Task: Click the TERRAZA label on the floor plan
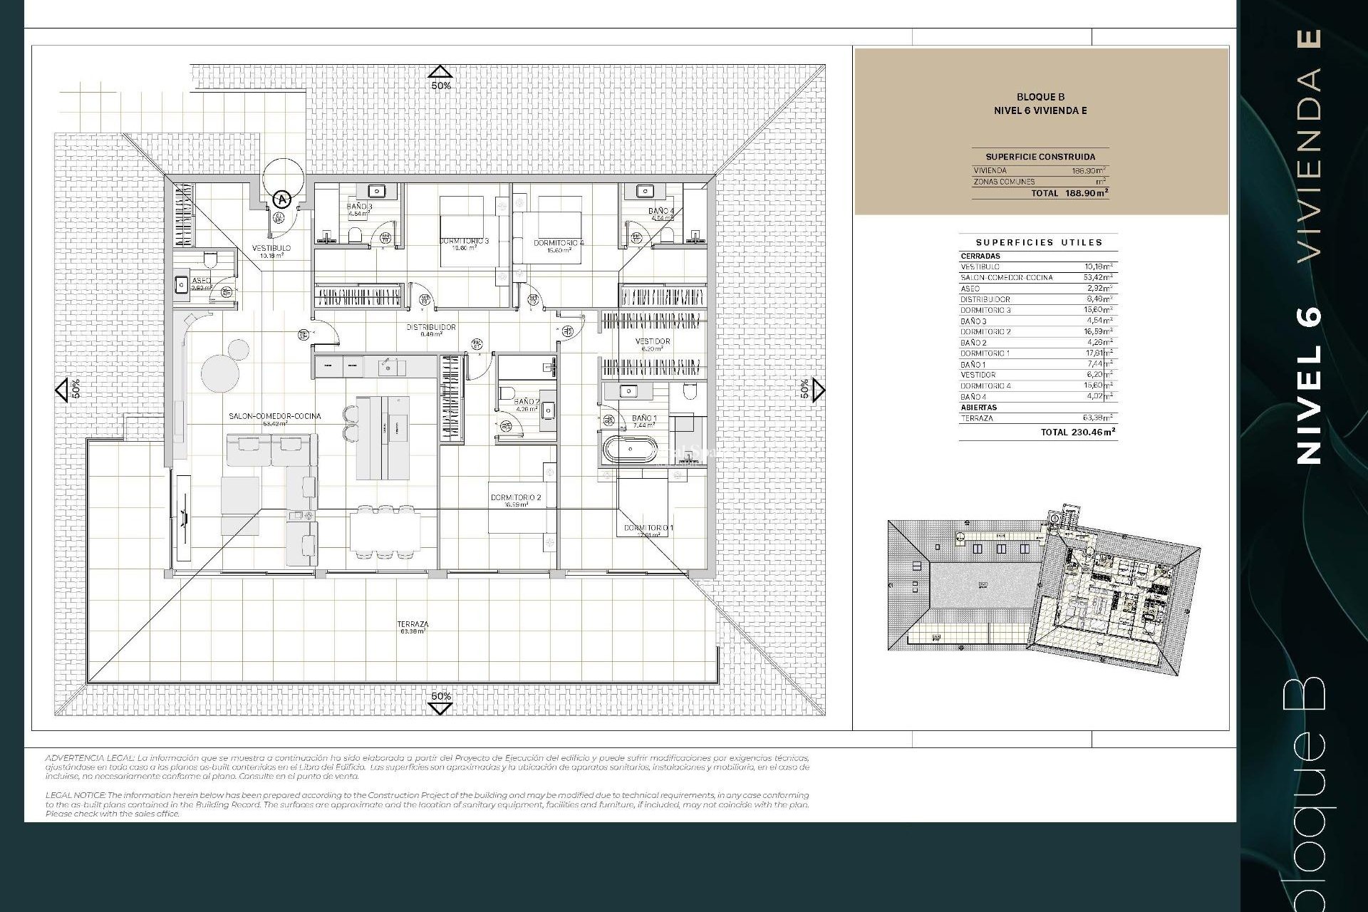[x=413, y=624]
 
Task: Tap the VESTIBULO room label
[x=271, y=249]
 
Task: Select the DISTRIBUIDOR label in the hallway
[x=431, y=328]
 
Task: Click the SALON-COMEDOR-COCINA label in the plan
[x=275, y=416]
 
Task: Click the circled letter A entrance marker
[x=283, y=199]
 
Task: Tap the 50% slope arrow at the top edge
[x=440, y=73]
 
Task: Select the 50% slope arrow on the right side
[x=818, y=390]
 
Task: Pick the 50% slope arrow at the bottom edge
[x=440, y=707]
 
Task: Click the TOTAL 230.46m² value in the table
[x=1077, y=432]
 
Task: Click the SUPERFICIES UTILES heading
[x=1039, y=242]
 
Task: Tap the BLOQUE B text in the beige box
[x=1040, y=97]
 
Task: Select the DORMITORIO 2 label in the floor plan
[x=516, y=497]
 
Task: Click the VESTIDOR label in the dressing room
[x=652, y=342]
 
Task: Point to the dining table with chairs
[x=383, y=531]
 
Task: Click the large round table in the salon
[x=218, y=373]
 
